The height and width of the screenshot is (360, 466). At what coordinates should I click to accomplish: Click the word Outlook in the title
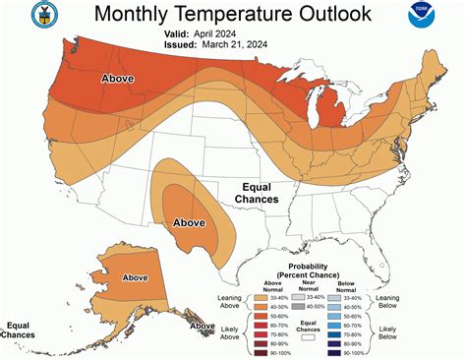click(x=325, y=14)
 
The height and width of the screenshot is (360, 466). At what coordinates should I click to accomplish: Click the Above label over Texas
click(x=189, y=222)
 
